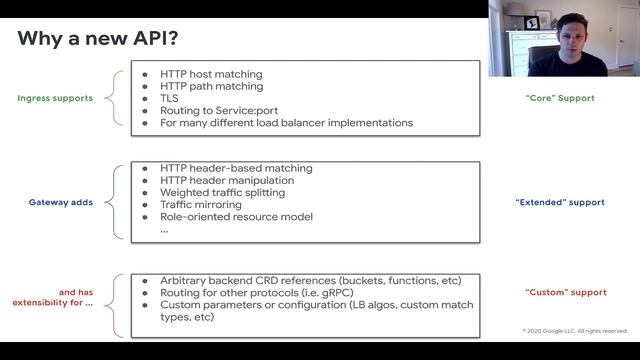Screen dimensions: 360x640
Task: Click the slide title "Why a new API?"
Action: tap(98, 38)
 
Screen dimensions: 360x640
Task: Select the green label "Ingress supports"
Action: tap(55, 98)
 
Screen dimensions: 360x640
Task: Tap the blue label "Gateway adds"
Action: tap(61, 202)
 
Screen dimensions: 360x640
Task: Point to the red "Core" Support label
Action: tap(559, 98)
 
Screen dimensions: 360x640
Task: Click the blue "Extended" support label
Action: tap(559, 202)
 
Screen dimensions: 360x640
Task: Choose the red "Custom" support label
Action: tap(565, 292)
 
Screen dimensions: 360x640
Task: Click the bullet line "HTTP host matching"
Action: tap(211, 74)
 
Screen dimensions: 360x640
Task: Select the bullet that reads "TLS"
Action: tap(170, 98)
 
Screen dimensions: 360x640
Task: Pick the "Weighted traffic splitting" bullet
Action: tap(222, 192)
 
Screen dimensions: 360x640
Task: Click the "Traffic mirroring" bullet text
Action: tap(200, 204)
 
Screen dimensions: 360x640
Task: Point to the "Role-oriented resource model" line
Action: tap(236, 216)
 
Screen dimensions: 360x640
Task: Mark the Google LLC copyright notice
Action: tap(575, 330)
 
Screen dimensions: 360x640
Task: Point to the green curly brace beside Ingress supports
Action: tap(121, 98)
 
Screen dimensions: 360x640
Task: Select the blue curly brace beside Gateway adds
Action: tap(121, 202)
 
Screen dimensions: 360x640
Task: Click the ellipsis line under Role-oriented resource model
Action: tap(164, 229)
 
